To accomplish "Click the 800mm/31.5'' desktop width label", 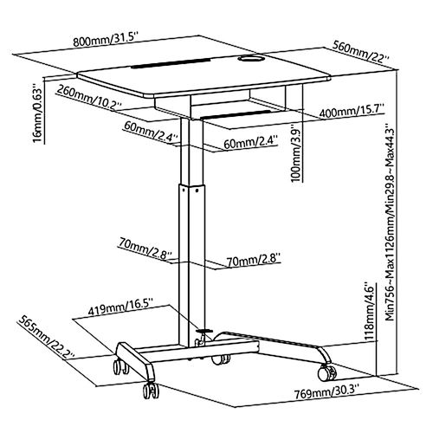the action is click(107, 40).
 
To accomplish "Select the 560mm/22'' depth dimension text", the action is click(361, 52).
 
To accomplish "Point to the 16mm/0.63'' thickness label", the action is click(38, 113).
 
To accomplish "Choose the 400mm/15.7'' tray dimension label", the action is click(352, 112).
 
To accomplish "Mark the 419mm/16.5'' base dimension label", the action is click(120, 309).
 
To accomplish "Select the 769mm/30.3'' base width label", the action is click(326, 392).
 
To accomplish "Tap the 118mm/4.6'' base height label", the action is click(370, 311).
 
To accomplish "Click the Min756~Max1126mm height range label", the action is click(391, 222).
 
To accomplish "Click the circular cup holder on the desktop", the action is click(250, 59).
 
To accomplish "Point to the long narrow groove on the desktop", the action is click(171, 64).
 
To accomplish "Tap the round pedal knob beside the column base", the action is click(204, 330).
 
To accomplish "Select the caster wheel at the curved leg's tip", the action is click(327, 372).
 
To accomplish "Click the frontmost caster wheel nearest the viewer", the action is click(151, 391).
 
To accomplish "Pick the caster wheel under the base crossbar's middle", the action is click(221, 359).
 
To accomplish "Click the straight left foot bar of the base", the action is click(135, 361).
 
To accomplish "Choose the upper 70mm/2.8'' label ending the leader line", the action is click(145, 249).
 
